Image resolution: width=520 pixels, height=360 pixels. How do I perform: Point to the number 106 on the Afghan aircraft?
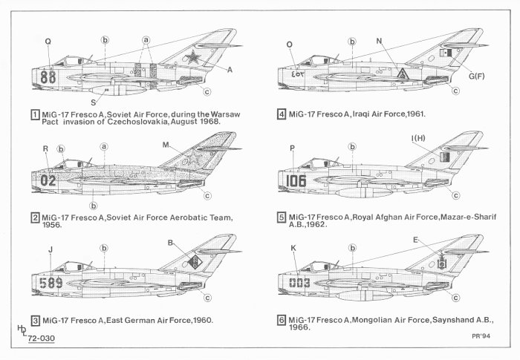(x=293, y=180)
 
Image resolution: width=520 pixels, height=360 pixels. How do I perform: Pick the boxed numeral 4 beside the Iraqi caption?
(x=282, y=115)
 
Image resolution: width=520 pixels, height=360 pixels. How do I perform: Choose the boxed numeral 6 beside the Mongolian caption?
(x=282, y=320)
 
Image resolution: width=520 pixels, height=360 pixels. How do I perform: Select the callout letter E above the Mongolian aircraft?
(x=415, y=240)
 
